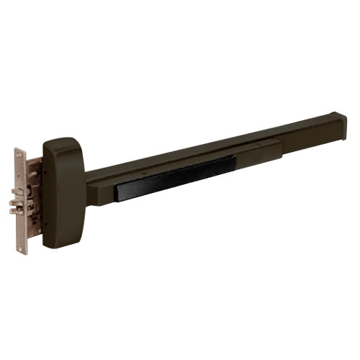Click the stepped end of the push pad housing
coord(279,148)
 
